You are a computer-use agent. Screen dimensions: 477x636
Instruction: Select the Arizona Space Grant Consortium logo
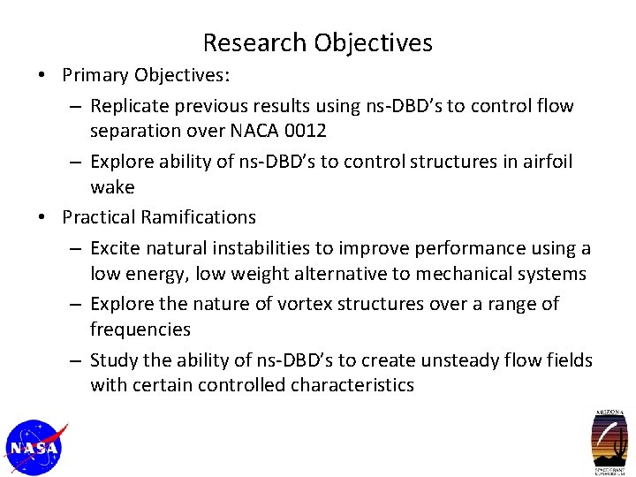point(609,443)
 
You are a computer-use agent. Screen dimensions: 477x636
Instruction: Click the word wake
point(112,187)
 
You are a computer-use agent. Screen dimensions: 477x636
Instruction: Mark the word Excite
point(116,248)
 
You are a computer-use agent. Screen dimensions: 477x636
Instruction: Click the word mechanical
point(458,274)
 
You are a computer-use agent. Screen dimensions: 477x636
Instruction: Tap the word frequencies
point(140,329)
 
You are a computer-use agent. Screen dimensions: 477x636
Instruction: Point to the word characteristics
point(352,385)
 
